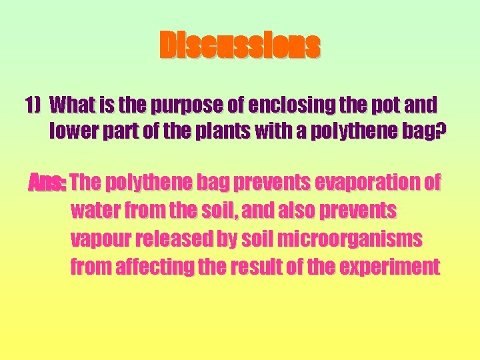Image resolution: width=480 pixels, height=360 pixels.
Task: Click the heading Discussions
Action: (x=240, y=46)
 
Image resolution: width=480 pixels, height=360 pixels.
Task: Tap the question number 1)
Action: (x=33, y=105)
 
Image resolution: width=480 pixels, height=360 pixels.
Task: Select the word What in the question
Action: (x=71, y=105)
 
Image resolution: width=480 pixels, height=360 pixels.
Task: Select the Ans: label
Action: (x=47, y=182)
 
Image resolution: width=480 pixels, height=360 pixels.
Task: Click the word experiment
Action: (x=389, y=268)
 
